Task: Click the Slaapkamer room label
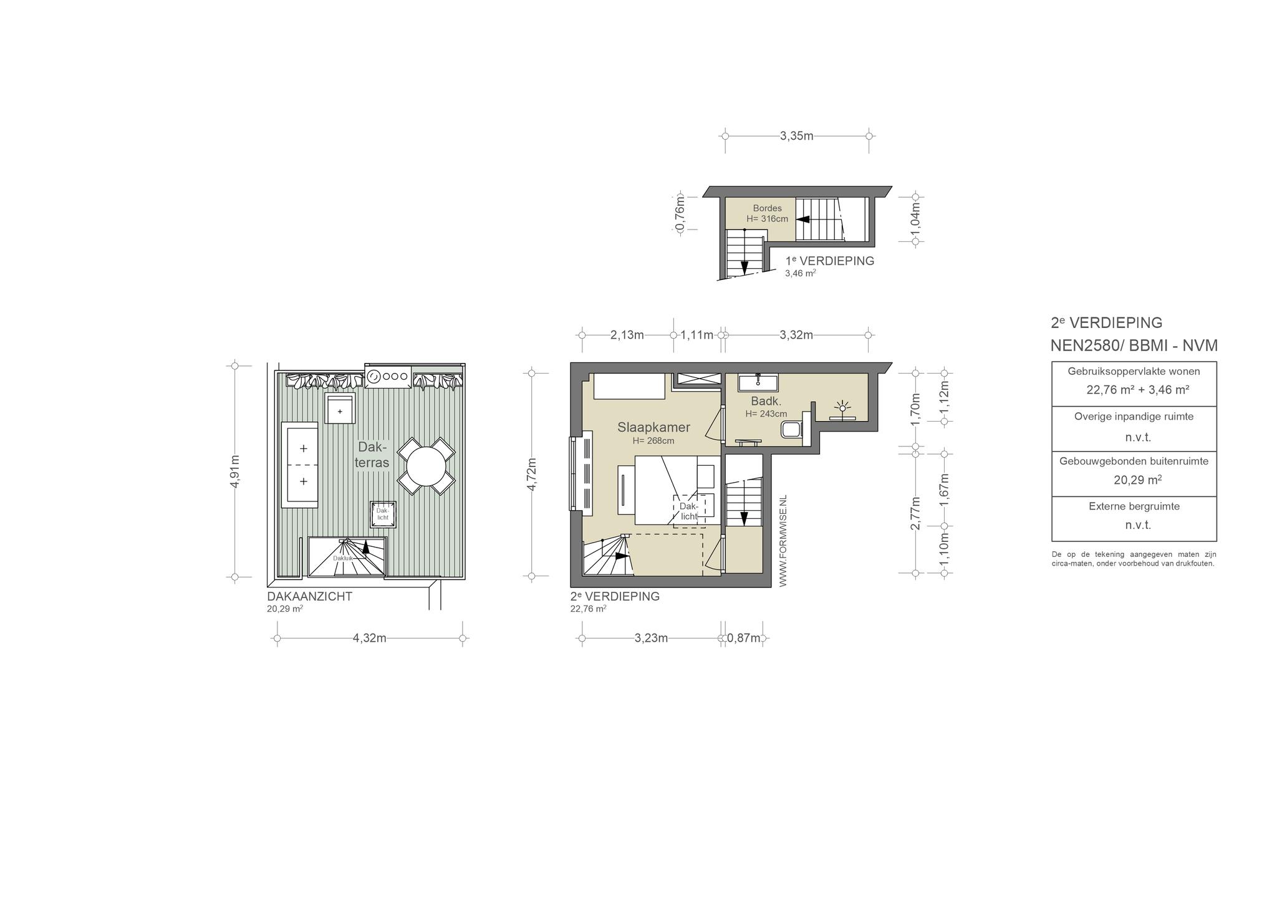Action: click(653, 427)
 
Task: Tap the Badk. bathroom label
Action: click(766, 401)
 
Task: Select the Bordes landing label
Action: click(767, 208)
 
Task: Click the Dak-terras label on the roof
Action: click(372, 455)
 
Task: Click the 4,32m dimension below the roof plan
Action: click(370, 638)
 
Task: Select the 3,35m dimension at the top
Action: click(797, 136)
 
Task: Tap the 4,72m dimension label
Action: click(532, 475)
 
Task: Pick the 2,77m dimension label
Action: click(915, 513)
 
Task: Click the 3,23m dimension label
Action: click(652, 638)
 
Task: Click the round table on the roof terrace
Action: click(426, 466)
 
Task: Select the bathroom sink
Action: click(758, 382)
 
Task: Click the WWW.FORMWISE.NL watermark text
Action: click(783, 541)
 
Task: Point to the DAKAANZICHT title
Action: click(310, 597)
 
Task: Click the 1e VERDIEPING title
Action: click(830, 261)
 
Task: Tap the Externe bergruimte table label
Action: click(1134, 506)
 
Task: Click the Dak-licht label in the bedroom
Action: click(689, 511)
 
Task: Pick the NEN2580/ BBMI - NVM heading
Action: click(1134, 346)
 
